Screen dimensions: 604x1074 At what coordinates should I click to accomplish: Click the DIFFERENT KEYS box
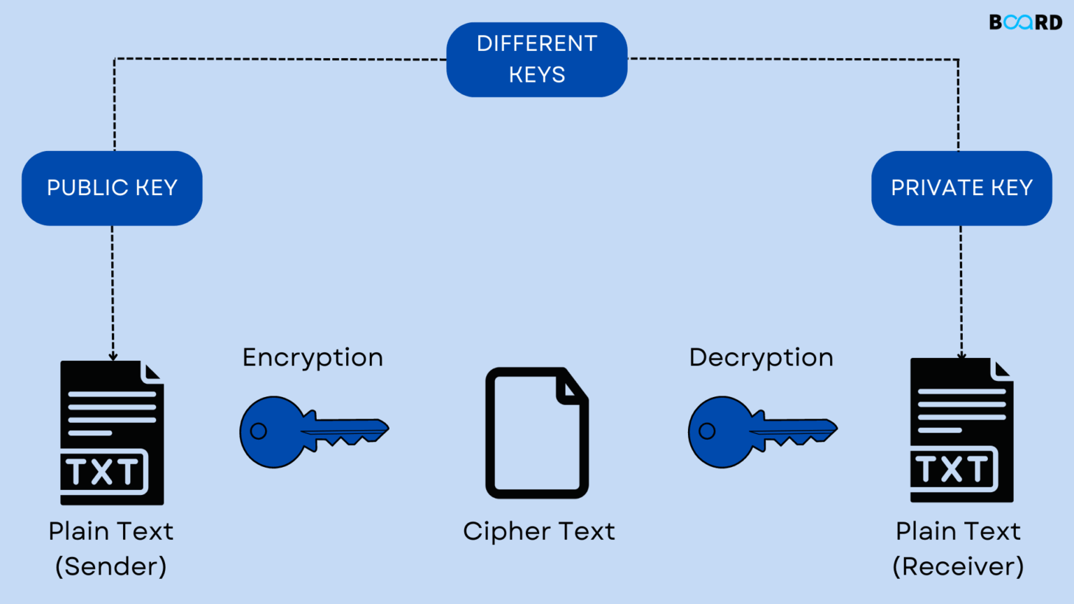tap(536, 59)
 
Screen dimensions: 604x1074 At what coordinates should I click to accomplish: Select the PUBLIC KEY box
tap(112, 188)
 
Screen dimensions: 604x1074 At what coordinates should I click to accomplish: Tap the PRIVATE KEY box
tap(961, 188)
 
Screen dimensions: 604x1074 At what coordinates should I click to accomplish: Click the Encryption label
tap(313, 358)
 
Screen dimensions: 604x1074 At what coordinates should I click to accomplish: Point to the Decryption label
tap(761, 358)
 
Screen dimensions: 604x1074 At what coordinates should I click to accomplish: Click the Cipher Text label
tap(538, 531)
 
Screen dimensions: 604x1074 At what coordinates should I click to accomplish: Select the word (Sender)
tap(111, 566)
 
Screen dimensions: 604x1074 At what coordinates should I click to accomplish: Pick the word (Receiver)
tap(958, 566)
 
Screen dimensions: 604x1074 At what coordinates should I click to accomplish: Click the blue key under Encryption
tap(313, 431)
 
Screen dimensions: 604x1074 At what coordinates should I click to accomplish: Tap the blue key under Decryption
tap(762, 431)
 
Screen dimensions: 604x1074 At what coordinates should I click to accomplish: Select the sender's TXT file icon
tap(112, 433)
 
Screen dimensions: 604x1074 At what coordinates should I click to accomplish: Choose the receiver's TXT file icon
tap(961, 431)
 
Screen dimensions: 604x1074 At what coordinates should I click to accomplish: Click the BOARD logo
tap(1025, 22)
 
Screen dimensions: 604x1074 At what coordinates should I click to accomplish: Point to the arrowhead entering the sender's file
tap(113, 357)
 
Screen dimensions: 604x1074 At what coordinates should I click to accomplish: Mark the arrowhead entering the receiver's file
tap(961, 355)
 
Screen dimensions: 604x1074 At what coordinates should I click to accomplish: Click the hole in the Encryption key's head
tap(259, 431)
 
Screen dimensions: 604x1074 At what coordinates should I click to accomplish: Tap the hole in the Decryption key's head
tap(707, 431)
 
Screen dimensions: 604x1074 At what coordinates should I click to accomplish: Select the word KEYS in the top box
tap(536, 75)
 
